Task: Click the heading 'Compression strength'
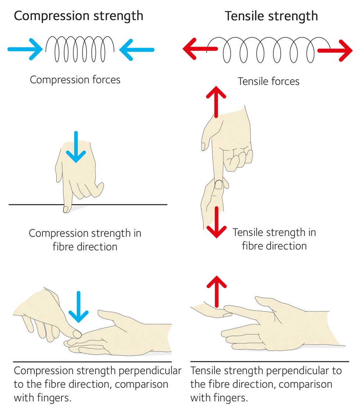(78, 16)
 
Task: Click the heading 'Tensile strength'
(271, 16)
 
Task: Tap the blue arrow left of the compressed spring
(25, 49)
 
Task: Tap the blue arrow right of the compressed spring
(137, 49)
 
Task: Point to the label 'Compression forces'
(75, 80)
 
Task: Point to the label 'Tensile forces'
(269, 81)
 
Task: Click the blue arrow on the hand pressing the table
(76, 147)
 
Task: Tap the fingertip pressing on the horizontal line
(66, 209)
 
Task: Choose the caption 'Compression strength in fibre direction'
(85, 240)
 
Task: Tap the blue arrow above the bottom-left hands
(78, 307)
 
